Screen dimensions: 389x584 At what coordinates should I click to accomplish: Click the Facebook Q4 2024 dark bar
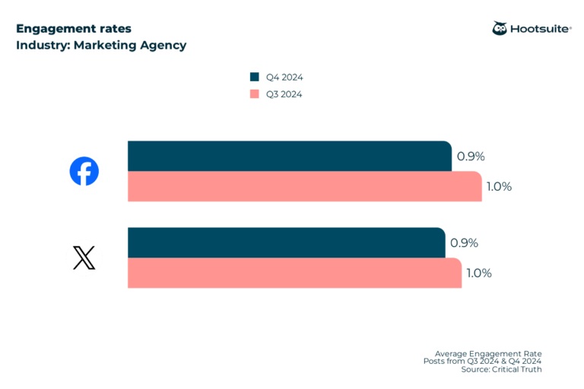(x=289, y=156)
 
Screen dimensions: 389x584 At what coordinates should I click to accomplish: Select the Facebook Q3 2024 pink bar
(x=304, y=186)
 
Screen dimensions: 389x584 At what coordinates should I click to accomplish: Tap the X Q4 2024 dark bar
(x=286, y=242)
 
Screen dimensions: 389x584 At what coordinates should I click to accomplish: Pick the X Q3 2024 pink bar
(x=294, y=273)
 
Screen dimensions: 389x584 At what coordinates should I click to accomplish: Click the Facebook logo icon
(x=84, y=171)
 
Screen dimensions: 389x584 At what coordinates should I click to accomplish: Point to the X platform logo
(x=84, y=258)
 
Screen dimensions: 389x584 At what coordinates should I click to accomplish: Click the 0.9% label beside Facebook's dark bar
(x=471, y=157)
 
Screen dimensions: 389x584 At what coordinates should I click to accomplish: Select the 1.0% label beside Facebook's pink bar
(x=499, y=187)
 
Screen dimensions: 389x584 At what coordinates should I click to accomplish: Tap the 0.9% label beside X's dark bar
(x=464, y=243)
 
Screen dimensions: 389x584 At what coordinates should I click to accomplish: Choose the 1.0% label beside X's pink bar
(x=479, y=274)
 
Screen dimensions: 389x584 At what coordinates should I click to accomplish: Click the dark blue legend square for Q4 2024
(x=255, y=77)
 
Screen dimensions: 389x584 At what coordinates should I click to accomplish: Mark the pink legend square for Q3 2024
(x=255, y=94)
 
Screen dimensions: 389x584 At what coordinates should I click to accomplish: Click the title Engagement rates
(x=73, y=29)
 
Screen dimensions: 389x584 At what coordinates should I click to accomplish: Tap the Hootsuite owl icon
(x=500, y=28)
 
